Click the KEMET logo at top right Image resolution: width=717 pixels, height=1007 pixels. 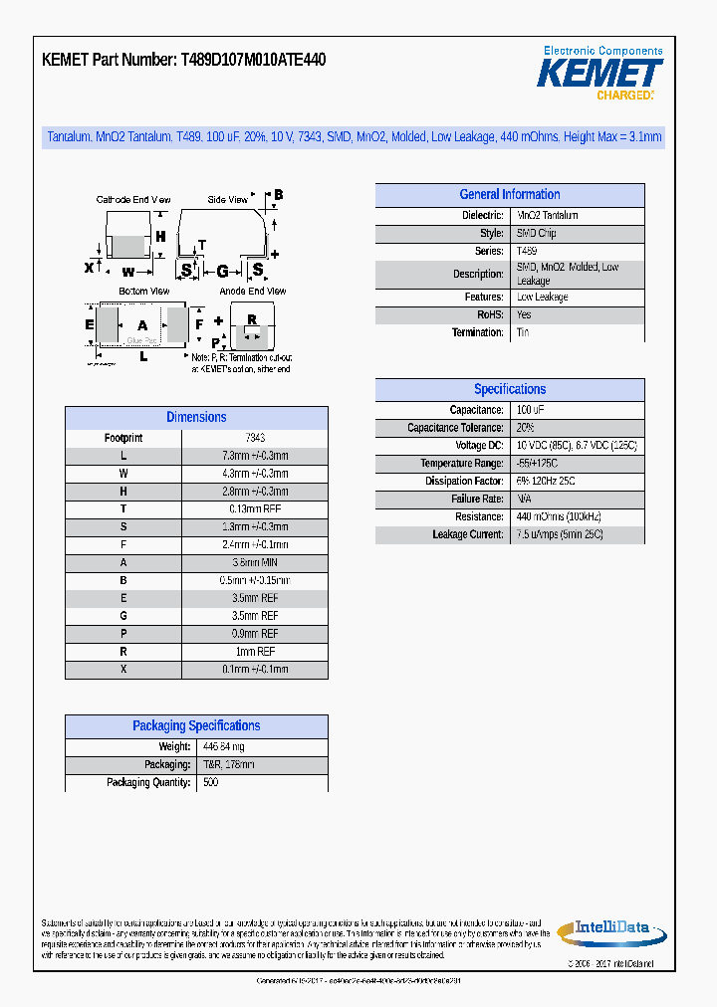pos(599,73)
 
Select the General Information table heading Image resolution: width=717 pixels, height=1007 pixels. pos(509,195)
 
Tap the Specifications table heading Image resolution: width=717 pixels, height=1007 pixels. pos(509,390)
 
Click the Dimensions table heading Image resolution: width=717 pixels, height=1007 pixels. pos(196,418)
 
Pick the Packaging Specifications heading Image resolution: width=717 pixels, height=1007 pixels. pos(196,726)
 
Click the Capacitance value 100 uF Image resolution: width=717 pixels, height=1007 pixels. pos(530,410)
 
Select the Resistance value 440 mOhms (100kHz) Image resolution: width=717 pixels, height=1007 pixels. pos(559,516)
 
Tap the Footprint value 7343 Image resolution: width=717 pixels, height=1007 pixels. pos(255,438)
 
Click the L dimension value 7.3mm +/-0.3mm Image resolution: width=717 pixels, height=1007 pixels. pos(255,456)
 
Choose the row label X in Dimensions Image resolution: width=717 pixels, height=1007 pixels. pos(123,670)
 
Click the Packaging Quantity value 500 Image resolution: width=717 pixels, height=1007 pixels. pos(210,782)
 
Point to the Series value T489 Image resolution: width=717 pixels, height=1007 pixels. pos(526,252)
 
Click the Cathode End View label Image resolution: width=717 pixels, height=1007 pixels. pos(132,200)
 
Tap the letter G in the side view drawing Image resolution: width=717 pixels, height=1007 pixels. pos(222,271)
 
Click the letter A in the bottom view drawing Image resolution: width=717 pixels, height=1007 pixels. pos(142,325)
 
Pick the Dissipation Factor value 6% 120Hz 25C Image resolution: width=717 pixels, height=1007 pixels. pos(546,481)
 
